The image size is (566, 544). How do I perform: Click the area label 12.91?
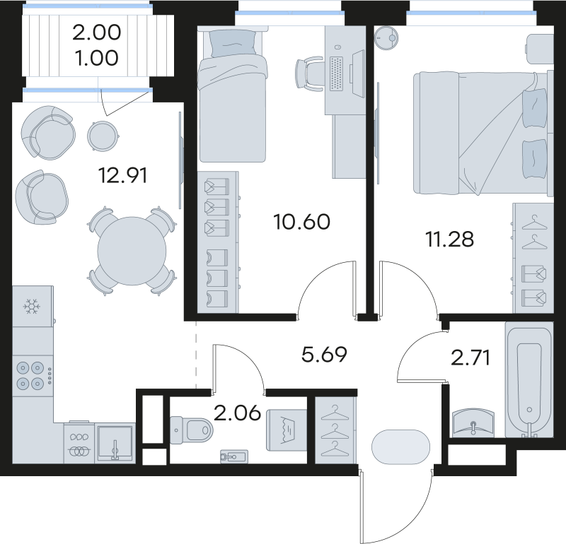click(125, 175)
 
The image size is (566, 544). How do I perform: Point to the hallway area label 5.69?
click(324, 354)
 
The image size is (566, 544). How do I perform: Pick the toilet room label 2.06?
click(233, 413)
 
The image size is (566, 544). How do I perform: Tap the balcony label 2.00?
click(97, 32)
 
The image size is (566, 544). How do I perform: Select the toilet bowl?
click(192, 427)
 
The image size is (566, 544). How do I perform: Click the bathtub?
click(529, 381)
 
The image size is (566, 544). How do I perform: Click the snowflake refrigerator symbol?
click(31, 307)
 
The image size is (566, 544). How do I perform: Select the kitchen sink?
click(115, 442)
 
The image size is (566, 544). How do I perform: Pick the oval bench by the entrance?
click(400, 447)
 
